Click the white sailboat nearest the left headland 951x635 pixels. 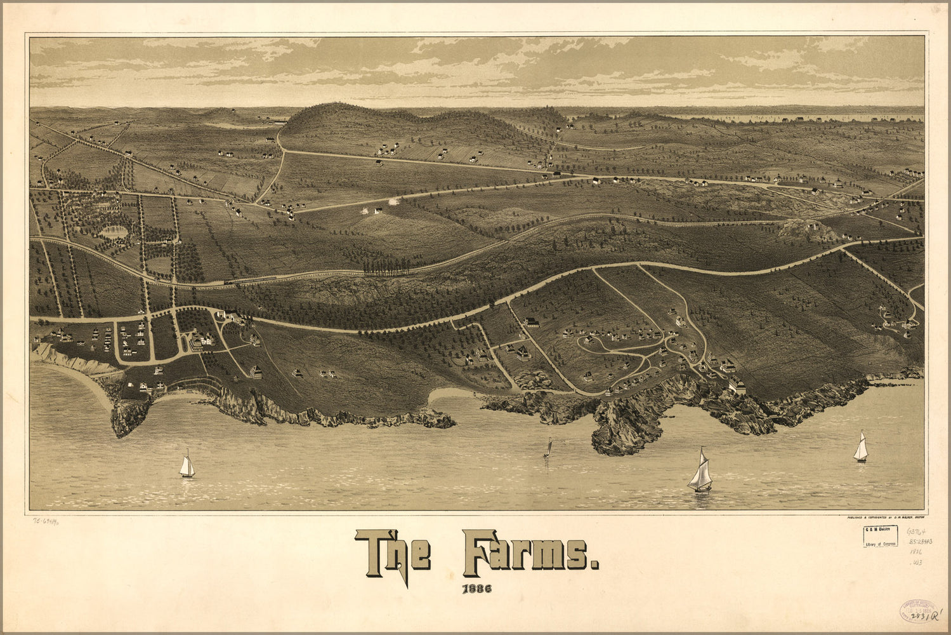click(187, 465)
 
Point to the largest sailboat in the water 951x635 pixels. click(700, 471)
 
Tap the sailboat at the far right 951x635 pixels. click(861, 447)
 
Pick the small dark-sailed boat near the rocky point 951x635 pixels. click(548, 448)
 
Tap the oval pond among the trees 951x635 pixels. click(114, 232)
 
